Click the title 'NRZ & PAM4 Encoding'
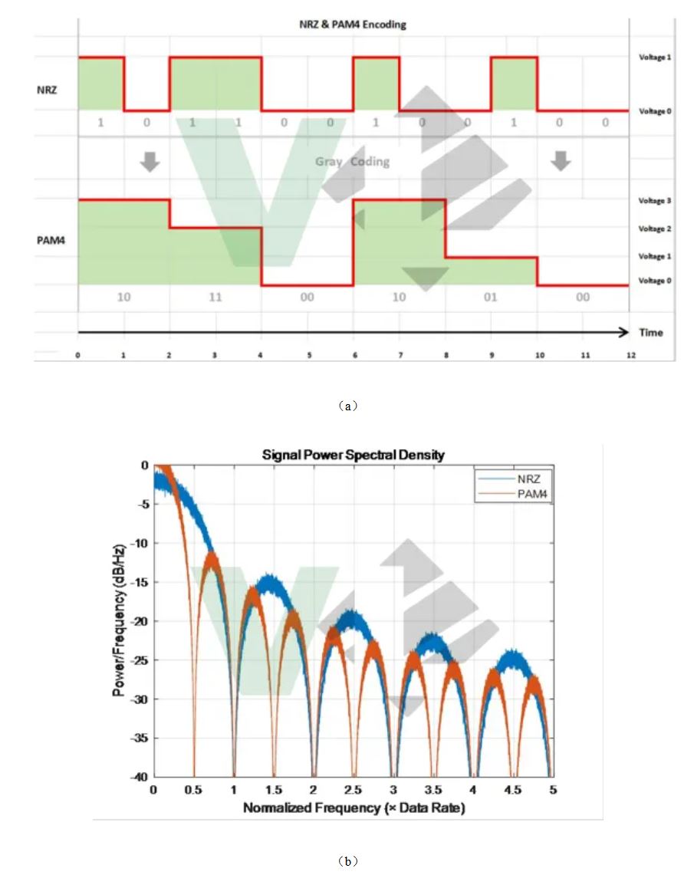pos(352,25)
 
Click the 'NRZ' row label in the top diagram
pos(46,90)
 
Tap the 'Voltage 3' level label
pos(655,201)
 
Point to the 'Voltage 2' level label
pos(655,229)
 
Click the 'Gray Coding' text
pos(352,162)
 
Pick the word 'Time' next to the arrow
pos(651,333)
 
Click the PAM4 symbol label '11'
pos(215,297)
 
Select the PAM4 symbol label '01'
pos(491,297)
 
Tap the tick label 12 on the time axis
pos(630,356)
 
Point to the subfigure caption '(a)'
pos(348,407)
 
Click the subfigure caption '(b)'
pos(348,861)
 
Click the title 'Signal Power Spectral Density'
pos(353,455)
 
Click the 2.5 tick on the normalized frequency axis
pos(353,790)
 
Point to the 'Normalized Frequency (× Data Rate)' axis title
pos(354,808)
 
